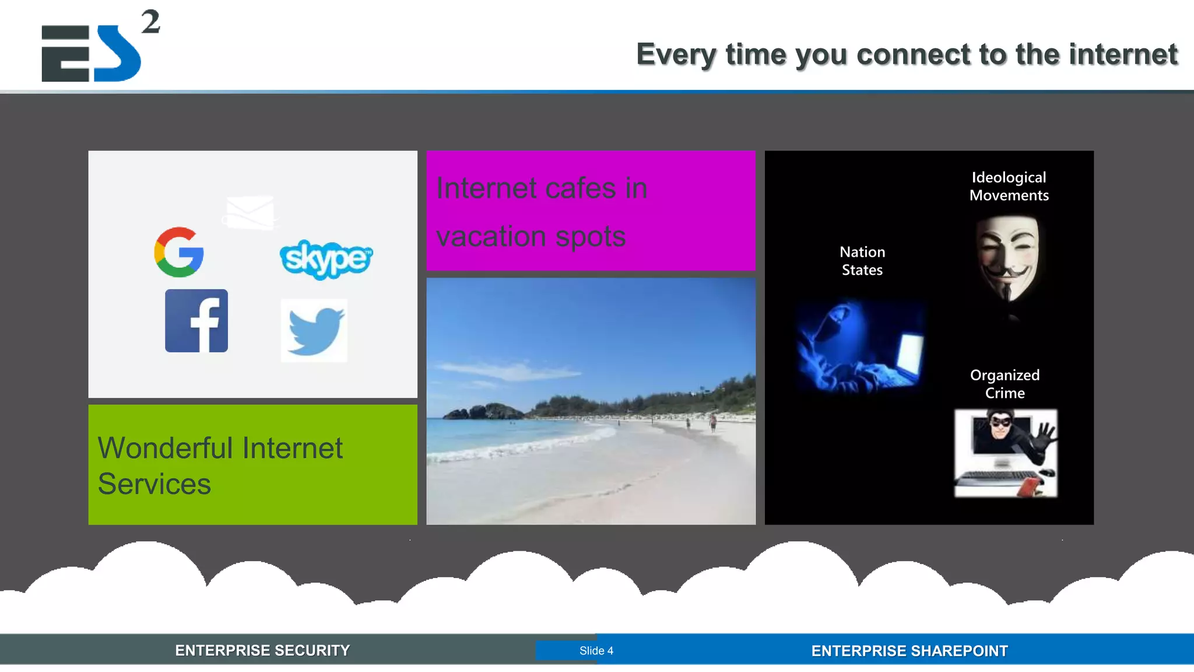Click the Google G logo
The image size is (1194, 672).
(179, 252)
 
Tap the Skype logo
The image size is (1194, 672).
(326, 259)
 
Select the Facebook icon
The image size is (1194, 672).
(196, 321)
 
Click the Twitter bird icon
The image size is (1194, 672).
(315, 331)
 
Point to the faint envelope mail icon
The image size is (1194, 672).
(250, 212)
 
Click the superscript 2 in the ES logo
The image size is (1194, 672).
(150, 22)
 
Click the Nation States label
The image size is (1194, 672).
(862, 261)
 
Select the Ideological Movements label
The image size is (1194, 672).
(1009, 186)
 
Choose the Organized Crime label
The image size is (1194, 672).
(1005, 384)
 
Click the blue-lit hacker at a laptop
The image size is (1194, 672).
(859, 347)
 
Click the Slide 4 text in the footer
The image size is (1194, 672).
(596, 650)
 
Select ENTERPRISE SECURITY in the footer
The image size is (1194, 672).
(262, 650)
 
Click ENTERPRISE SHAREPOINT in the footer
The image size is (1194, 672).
(909, 651)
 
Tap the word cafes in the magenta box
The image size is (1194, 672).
(580, 188)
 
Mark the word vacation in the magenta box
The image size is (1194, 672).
(491, 236)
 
